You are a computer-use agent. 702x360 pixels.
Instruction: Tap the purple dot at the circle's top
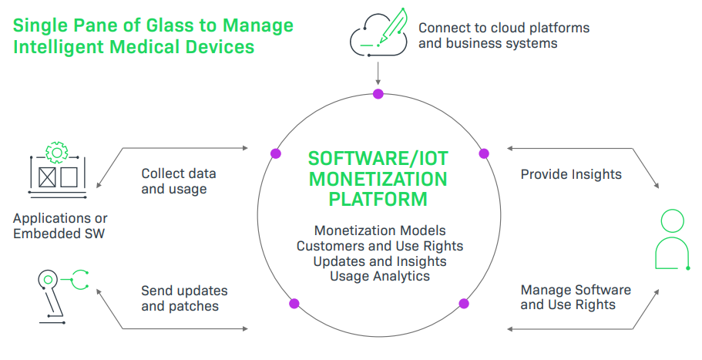pyautogui.click(x=378, y=94)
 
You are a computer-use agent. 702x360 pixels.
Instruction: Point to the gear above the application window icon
pyautogui.click(x=56, y=151)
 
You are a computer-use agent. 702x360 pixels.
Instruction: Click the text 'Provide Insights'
pyautogui.click(x=571, y=174)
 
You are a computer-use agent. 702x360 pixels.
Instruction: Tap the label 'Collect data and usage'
pyautogui.click(x=178, y=181)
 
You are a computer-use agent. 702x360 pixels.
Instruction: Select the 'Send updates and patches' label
pyautogui.click(x=183, y=298)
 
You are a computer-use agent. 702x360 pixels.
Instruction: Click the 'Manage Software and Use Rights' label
pyautogui.click(x=576, y=297)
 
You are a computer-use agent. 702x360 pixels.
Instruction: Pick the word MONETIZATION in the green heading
pyautogui.click(x=378, y=179)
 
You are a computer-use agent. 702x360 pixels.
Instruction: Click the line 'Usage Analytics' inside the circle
pyautogui.click(x=379, y=275)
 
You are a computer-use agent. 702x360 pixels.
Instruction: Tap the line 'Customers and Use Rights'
pyautogui.click(x=379, y=246)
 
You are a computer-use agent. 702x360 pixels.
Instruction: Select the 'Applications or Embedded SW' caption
pyautogui.click(x=60, y=226)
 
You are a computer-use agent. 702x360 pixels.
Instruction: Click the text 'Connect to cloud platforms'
pyautogui.click(x=504, y=28)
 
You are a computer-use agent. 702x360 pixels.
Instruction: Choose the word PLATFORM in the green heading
pyautogui.click(x=378, y=199)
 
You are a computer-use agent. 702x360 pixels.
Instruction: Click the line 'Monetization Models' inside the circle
pyautogui.click(x=380, y=230)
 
